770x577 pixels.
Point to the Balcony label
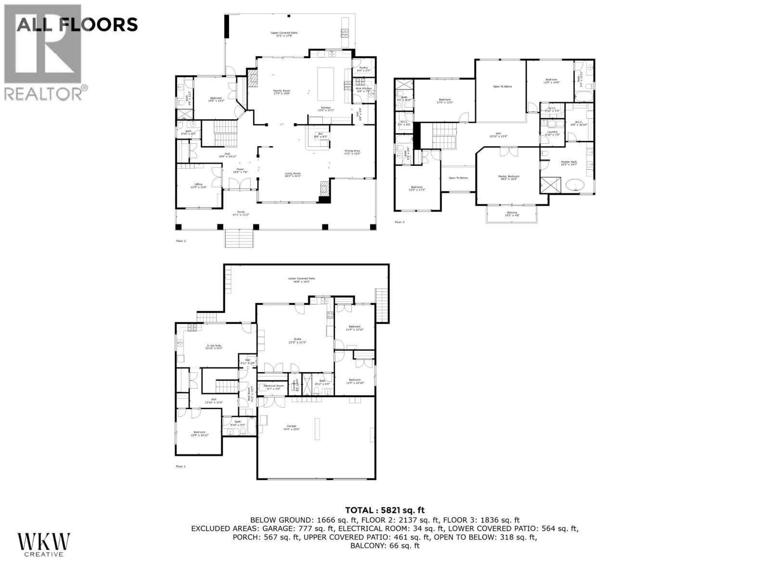(x=512, y=214)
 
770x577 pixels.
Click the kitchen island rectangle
(x=326, y=84)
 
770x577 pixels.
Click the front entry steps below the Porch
(x=239, y=238)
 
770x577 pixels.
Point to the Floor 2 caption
(x=180, y=240)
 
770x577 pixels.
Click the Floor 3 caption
(x=399, y=222)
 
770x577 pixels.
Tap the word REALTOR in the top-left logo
(x=44, y=93)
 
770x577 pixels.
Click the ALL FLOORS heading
(x=77, y=24)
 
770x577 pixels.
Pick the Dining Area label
(x=352, y=152)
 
